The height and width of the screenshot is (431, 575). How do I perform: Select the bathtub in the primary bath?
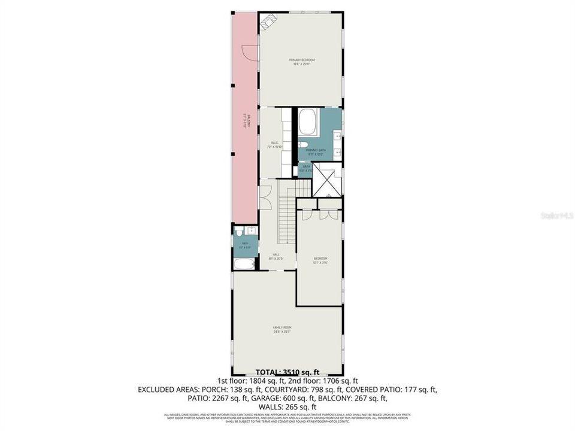point(309,122)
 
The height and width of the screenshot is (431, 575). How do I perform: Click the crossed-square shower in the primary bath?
point(329,183)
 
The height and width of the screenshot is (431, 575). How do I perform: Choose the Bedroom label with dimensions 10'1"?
point(320,260)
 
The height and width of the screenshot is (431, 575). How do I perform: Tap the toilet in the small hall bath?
point(239,232)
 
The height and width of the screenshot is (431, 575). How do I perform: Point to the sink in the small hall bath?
point(252,230)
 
